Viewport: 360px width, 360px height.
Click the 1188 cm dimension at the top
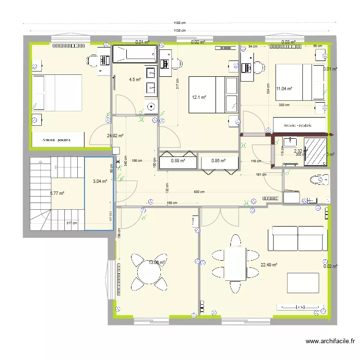(180, 23)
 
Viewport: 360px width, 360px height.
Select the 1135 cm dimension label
(180, 31)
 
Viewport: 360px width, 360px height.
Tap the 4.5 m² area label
(134, 80)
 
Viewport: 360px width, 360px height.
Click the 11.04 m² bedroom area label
(284, 88)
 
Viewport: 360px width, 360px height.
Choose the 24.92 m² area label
(115, 136)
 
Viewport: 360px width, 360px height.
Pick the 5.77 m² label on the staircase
(57, 193)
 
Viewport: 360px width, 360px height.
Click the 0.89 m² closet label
(178, 161)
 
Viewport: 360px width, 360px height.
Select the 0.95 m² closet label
(218, 161)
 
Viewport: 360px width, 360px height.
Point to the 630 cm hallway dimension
(199, 192)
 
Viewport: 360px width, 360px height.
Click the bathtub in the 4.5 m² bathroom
(134, 54)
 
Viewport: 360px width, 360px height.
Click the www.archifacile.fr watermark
(330, 342)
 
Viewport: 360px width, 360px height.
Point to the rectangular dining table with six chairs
(235, 263)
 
